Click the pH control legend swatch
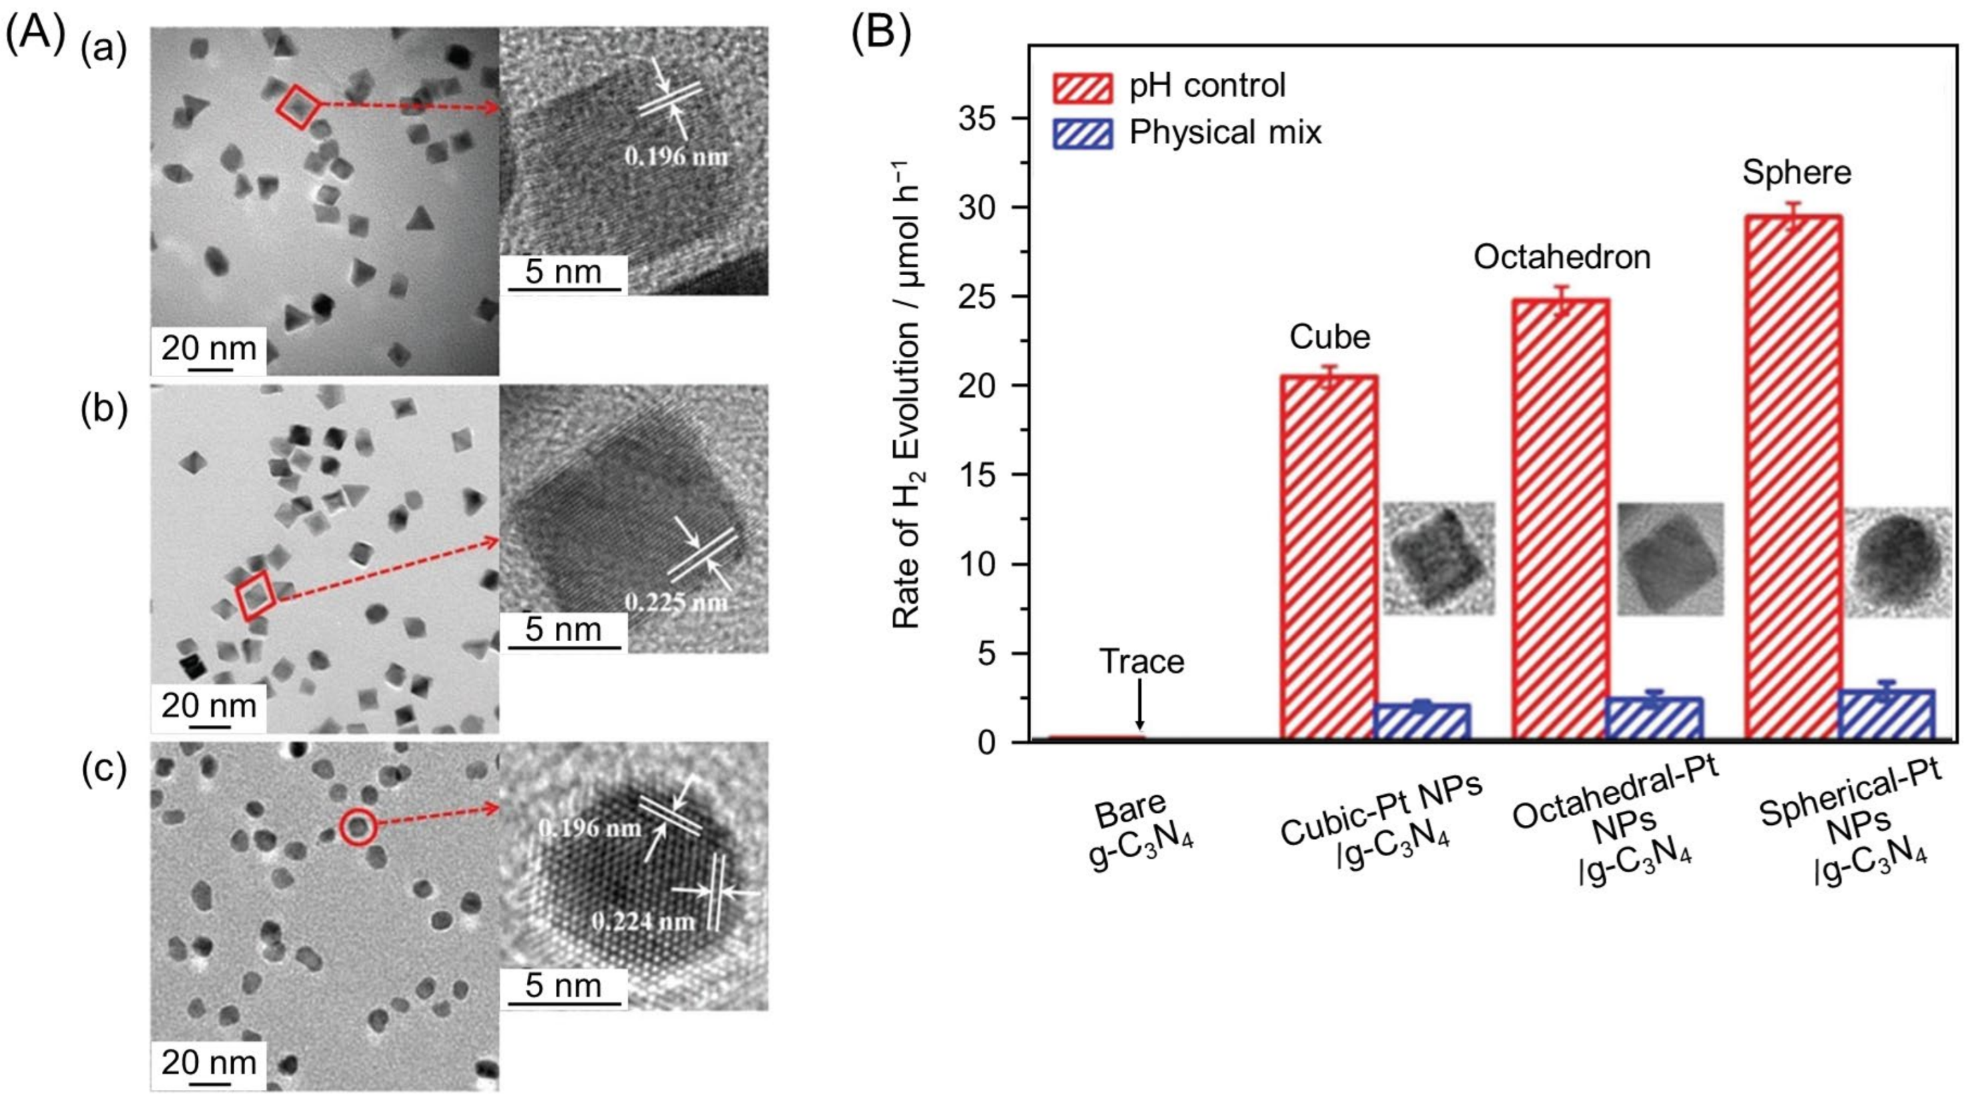click(1082, 87)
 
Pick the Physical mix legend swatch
click(1082, 133)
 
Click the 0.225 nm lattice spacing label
click(675, 603)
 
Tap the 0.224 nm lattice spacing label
click(643, 921)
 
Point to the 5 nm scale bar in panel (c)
click(563, 999)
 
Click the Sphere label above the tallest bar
click(1796, 173)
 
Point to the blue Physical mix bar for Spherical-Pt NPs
click(1886, 714)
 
